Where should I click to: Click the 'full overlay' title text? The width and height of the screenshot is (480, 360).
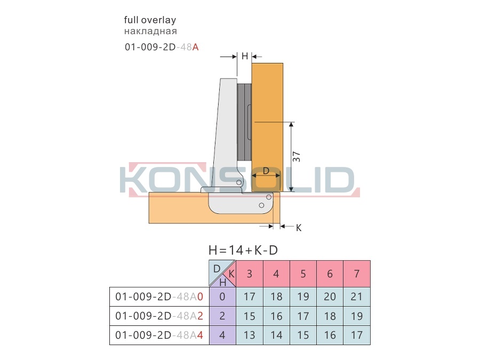click(150, 20)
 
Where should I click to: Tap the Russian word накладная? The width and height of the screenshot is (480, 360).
click(150, 31)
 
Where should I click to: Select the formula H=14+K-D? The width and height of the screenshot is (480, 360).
click(243, 250)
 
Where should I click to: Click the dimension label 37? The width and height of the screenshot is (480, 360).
click(297, 157)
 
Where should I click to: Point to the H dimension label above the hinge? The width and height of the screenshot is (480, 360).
click(245, 56)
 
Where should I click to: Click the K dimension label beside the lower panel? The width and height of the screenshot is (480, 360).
click(299, 228)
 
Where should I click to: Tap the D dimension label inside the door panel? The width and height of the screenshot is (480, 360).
click(266, 171)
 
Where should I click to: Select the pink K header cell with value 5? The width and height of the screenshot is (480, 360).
click(303, 274)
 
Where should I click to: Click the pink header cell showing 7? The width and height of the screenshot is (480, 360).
click(357, 274)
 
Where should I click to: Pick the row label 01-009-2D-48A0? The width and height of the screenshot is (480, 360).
click(159, 297)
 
